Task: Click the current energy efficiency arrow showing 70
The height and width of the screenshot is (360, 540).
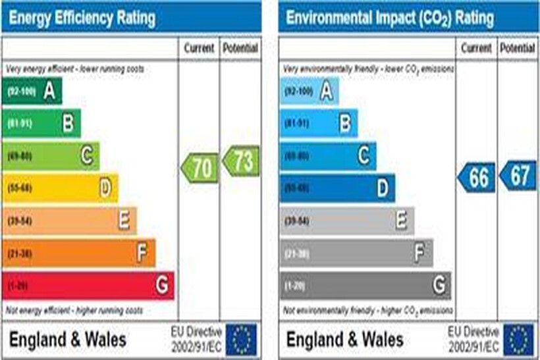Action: (x=200, y=167)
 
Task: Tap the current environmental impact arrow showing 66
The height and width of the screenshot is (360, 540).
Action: (x=477, y=178)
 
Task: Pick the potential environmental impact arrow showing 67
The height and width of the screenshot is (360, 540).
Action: (x=518, y=176)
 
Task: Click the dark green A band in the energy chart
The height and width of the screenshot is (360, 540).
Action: (x=32, y=91)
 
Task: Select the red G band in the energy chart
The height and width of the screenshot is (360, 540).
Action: (x=88, y=286)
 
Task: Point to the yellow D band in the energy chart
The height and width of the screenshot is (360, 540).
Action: (x=60, y=188)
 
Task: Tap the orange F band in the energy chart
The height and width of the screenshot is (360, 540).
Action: (x=79, y=253)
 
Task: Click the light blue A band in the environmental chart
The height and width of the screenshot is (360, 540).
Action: (x=310, y=91)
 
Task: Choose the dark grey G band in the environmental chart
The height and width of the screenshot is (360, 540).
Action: (x=365, y=286)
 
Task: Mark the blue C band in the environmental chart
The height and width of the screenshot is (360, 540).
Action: (x=328, y=156)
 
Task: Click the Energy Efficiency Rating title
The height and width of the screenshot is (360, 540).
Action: (x=82, y=18)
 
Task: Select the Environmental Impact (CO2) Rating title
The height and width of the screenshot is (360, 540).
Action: (x=389, y=18)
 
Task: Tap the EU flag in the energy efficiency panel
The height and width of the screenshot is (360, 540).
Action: (x=242, y=340)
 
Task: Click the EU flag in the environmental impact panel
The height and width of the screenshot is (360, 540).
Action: (x=519, y=340)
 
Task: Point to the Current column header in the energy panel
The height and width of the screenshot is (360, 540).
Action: (x=199, y=48)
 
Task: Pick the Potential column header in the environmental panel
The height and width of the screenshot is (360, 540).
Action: (x=517, y=48)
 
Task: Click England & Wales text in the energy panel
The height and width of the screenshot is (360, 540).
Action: (x=67, y=340)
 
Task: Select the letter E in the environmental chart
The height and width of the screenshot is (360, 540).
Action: (x=401, y=221)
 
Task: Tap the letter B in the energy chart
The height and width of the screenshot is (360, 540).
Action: (x=67, y=123)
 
